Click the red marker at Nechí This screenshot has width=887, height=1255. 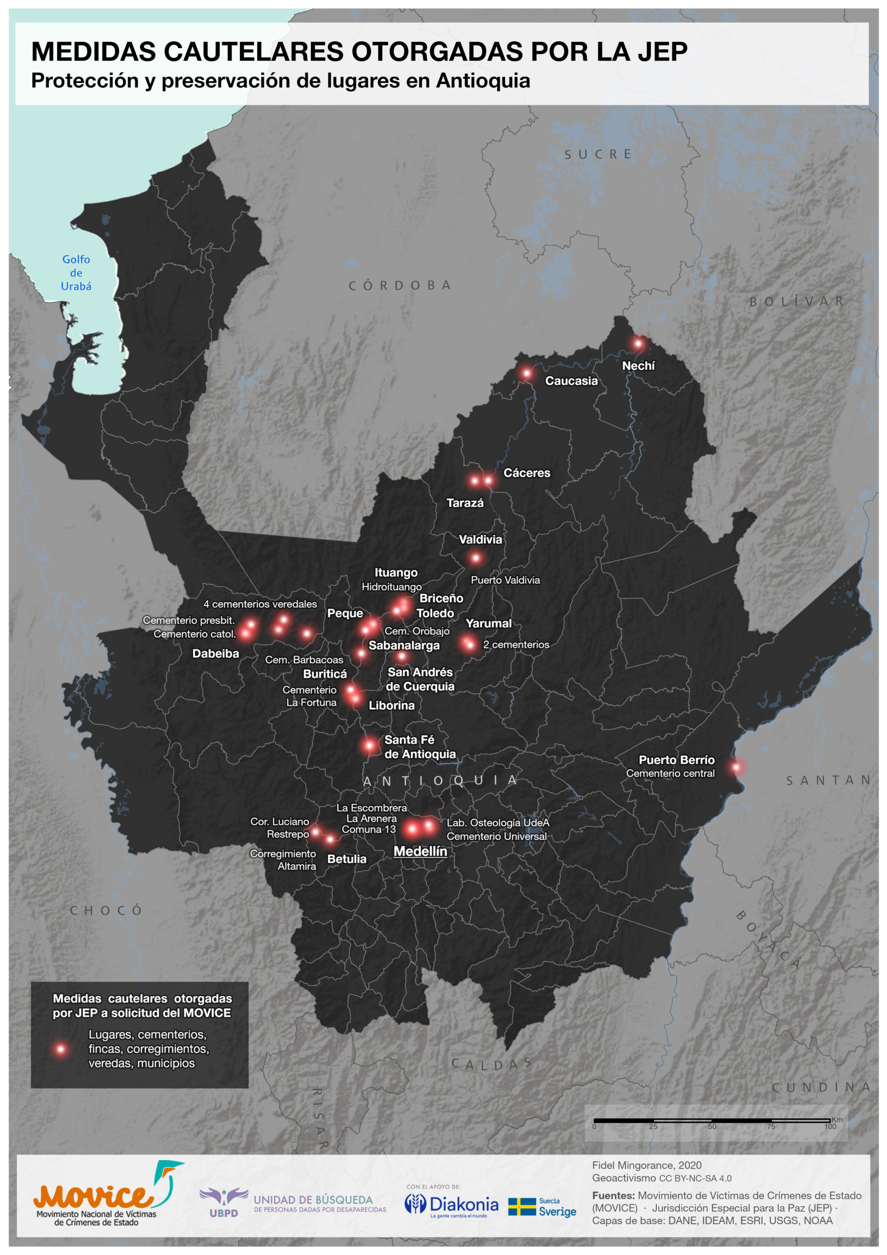click(638, 344)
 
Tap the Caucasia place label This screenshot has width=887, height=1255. click(571, 381)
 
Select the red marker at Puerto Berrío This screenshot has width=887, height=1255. click(736, 767)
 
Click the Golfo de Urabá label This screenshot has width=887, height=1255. click(76, 273)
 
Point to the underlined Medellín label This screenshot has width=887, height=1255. click(420, 851)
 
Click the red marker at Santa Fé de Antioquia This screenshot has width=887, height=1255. click(370, 745)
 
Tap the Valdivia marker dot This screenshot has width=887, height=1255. click(475, 558)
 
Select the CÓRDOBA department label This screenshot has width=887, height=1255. click(399, 285)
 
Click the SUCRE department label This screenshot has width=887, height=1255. click(598, 155)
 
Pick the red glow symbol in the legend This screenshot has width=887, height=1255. click(61, 1049)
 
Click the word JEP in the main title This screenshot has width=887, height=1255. click(662, 52)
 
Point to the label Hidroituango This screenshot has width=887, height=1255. click(391, 587)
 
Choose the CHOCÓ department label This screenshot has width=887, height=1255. click(106, 910)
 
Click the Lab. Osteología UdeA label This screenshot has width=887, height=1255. click(498, 823)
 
